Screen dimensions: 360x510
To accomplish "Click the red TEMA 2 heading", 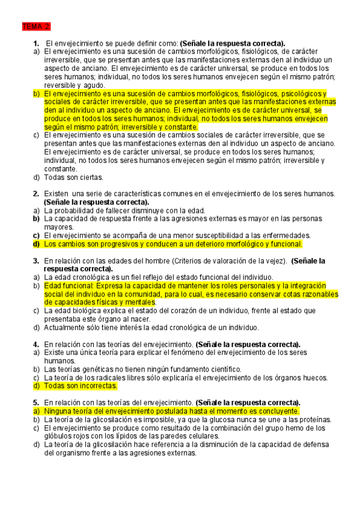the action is coord(36,27).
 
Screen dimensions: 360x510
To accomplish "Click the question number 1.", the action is coord(36,43).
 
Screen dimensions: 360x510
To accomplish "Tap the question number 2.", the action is coord(35,194).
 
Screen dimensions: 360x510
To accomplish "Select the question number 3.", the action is coord(35,261).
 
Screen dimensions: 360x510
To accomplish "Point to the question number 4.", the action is coord(35,344).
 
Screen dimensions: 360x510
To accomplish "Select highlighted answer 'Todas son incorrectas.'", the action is coord(81,386).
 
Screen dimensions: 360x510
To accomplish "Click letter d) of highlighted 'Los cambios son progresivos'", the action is coord(36,244).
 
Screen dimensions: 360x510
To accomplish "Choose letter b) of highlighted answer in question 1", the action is coord(36,94).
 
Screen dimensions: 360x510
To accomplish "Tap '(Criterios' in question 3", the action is coord(191,261).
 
